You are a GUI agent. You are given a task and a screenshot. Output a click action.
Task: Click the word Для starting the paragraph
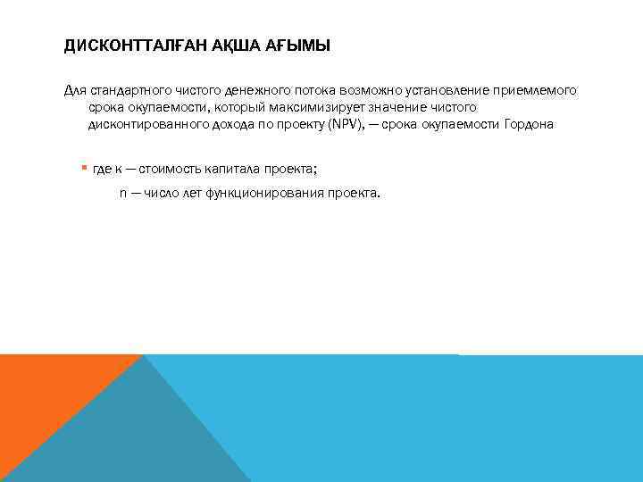click(x=75, y=91)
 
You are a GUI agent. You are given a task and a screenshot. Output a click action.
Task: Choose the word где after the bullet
click(x=101, y=169)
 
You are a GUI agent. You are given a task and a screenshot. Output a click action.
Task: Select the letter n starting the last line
click(x=123, y=193)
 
